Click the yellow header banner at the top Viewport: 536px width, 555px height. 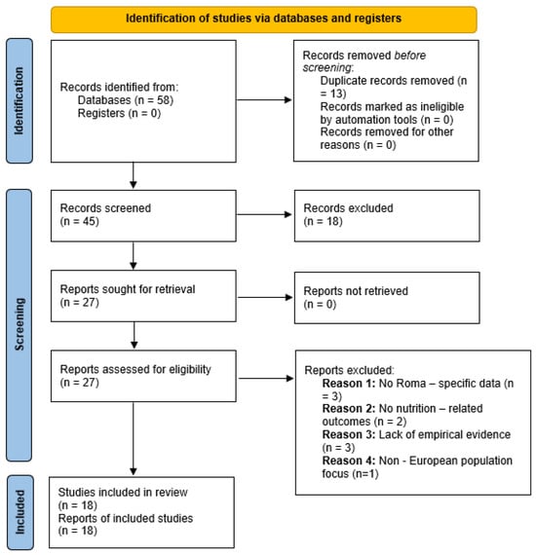click(x=263, y=19)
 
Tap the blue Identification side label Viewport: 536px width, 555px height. click(x=19, y=101)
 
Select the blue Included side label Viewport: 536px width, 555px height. click(x=20, y=512)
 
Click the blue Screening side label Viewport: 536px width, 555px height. click(x=19, y=325)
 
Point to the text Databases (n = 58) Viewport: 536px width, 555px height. click(x=126, y=100)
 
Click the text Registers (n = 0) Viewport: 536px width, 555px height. click(x=119, y=113)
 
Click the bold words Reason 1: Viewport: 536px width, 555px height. click(x=349, y=384)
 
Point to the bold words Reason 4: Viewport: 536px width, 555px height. click(x=349, y=461)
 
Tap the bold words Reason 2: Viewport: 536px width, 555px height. click(x=349, y=409)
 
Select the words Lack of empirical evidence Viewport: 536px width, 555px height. click(x=444, y=434)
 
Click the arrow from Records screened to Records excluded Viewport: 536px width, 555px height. click(x=264, y=214)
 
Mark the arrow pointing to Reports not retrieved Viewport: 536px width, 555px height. click(x=265, y=297)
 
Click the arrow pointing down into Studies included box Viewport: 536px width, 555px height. click(x=134, y=438)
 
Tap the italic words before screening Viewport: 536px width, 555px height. click(x=364, y=61)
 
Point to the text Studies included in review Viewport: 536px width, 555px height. click(x=123, y=493)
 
